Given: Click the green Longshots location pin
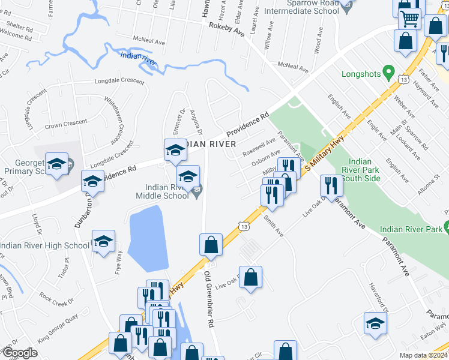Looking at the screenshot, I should click(389, 74).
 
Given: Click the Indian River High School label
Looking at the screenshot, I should click(45, 245).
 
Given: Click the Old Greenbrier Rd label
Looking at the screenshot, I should click(209, 299).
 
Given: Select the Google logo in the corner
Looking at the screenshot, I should click(19, 353).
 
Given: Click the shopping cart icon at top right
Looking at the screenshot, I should click(410, 18).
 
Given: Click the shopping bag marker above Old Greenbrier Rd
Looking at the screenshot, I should click(211, 244).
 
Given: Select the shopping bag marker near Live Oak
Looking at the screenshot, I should click(251, 277).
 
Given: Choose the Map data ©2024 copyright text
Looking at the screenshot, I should click(423, 355).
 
